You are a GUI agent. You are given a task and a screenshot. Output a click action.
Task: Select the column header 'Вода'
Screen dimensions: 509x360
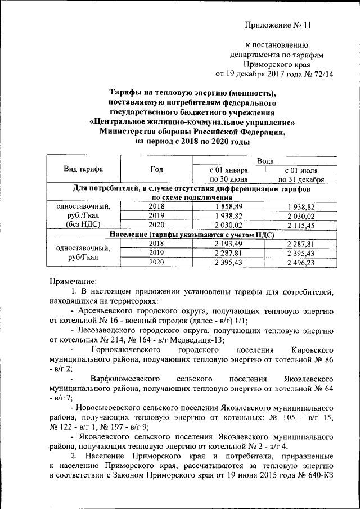tap(264, 161)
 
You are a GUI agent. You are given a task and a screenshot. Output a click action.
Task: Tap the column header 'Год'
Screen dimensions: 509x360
tap(157, 170)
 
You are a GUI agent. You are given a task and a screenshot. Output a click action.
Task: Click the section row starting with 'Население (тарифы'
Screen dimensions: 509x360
tap(191, 235)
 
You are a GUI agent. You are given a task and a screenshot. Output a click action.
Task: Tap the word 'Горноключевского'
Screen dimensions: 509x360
tap(131, 350)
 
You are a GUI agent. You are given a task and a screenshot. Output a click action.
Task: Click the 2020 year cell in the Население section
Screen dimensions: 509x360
tap(157, 263)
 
